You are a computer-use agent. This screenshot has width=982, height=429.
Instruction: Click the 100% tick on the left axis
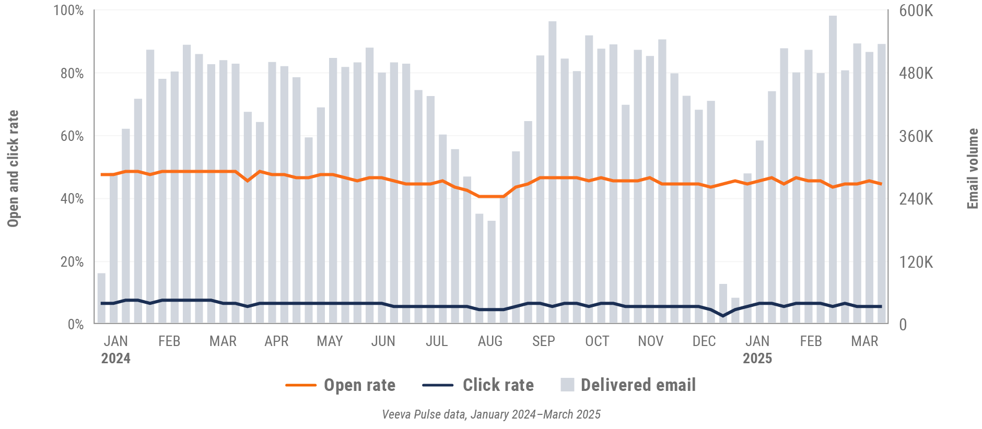tap(68, 10)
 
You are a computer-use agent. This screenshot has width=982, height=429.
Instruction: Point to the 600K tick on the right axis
tap(916, 10)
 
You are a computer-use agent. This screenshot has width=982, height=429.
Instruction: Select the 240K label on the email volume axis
tap(916, 199)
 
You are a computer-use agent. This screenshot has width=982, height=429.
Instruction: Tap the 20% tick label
tap(72, 261)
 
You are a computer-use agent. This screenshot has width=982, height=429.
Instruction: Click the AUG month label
tap(490, 341)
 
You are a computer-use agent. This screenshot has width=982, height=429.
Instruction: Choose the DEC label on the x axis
tap(704, 341)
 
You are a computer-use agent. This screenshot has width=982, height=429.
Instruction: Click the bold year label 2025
tap(757, 359)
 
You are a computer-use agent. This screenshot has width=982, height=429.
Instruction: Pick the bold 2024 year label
tap(115, 359)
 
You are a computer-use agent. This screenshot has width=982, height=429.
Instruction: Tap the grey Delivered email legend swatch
tap(567, 385)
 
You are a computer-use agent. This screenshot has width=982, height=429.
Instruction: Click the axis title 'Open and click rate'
tap(13, 169)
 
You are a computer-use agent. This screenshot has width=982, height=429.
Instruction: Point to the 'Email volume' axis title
tap(973, 169)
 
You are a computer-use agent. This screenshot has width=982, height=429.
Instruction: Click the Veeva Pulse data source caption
tap(491, 414)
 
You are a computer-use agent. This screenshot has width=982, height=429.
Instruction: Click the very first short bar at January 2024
tap(101, 298)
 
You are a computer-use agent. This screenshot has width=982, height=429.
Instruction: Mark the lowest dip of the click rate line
tap(723, 316)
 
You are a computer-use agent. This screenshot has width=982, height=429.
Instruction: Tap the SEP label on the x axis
tap(543, 341)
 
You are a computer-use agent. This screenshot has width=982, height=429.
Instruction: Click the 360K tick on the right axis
tap(916, 136)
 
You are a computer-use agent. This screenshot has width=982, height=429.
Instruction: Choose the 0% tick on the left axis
tap(75, 324)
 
